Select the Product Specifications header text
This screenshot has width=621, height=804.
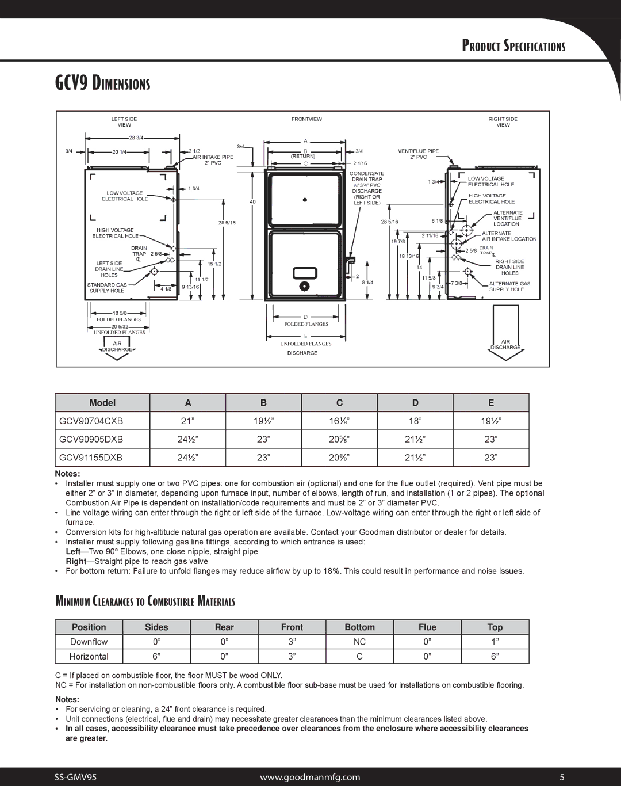click(x=514, y=47)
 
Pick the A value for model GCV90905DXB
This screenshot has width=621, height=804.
click(x=187, y=439)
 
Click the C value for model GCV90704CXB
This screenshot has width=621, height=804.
click(x=339, y=421)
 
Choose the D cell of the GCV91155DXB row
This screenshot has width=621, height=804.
click(x=415, y=458)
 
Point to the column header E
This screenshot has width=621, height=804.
click(x=491, y=403)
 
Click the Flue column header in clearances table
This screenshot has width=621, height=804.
click(x=427, y=627)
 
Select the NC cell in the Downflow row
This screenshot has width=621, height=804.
click(x=359, y=642)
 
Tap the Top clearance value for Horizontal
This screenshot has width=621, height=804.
click(x=494, y=656)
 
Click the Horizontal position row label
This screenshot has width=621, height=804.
click(x=89, y=656)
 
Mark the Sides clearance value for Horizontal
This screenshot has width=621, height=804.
click(x=156, y=656)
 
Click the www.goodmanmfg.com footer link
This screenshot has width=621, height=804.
click(x=310, y=777)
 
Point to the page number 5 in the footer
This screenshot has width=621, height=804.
click(x=563, y=777)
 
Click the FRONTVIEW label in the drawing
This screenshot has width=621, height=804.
click(x=306, y=119)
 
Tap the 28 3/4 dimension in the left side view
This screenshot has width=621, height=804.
click(x=136, y=138)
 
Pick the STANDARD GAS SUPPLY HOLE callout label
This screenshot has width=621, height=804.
click(x=106, y=288)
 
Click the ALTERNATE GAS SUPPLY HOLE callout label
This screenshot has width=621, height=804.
click(x=509, y=287)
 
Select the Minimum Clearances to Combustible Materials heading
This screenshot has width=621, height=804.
click(x=145, y=602)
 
